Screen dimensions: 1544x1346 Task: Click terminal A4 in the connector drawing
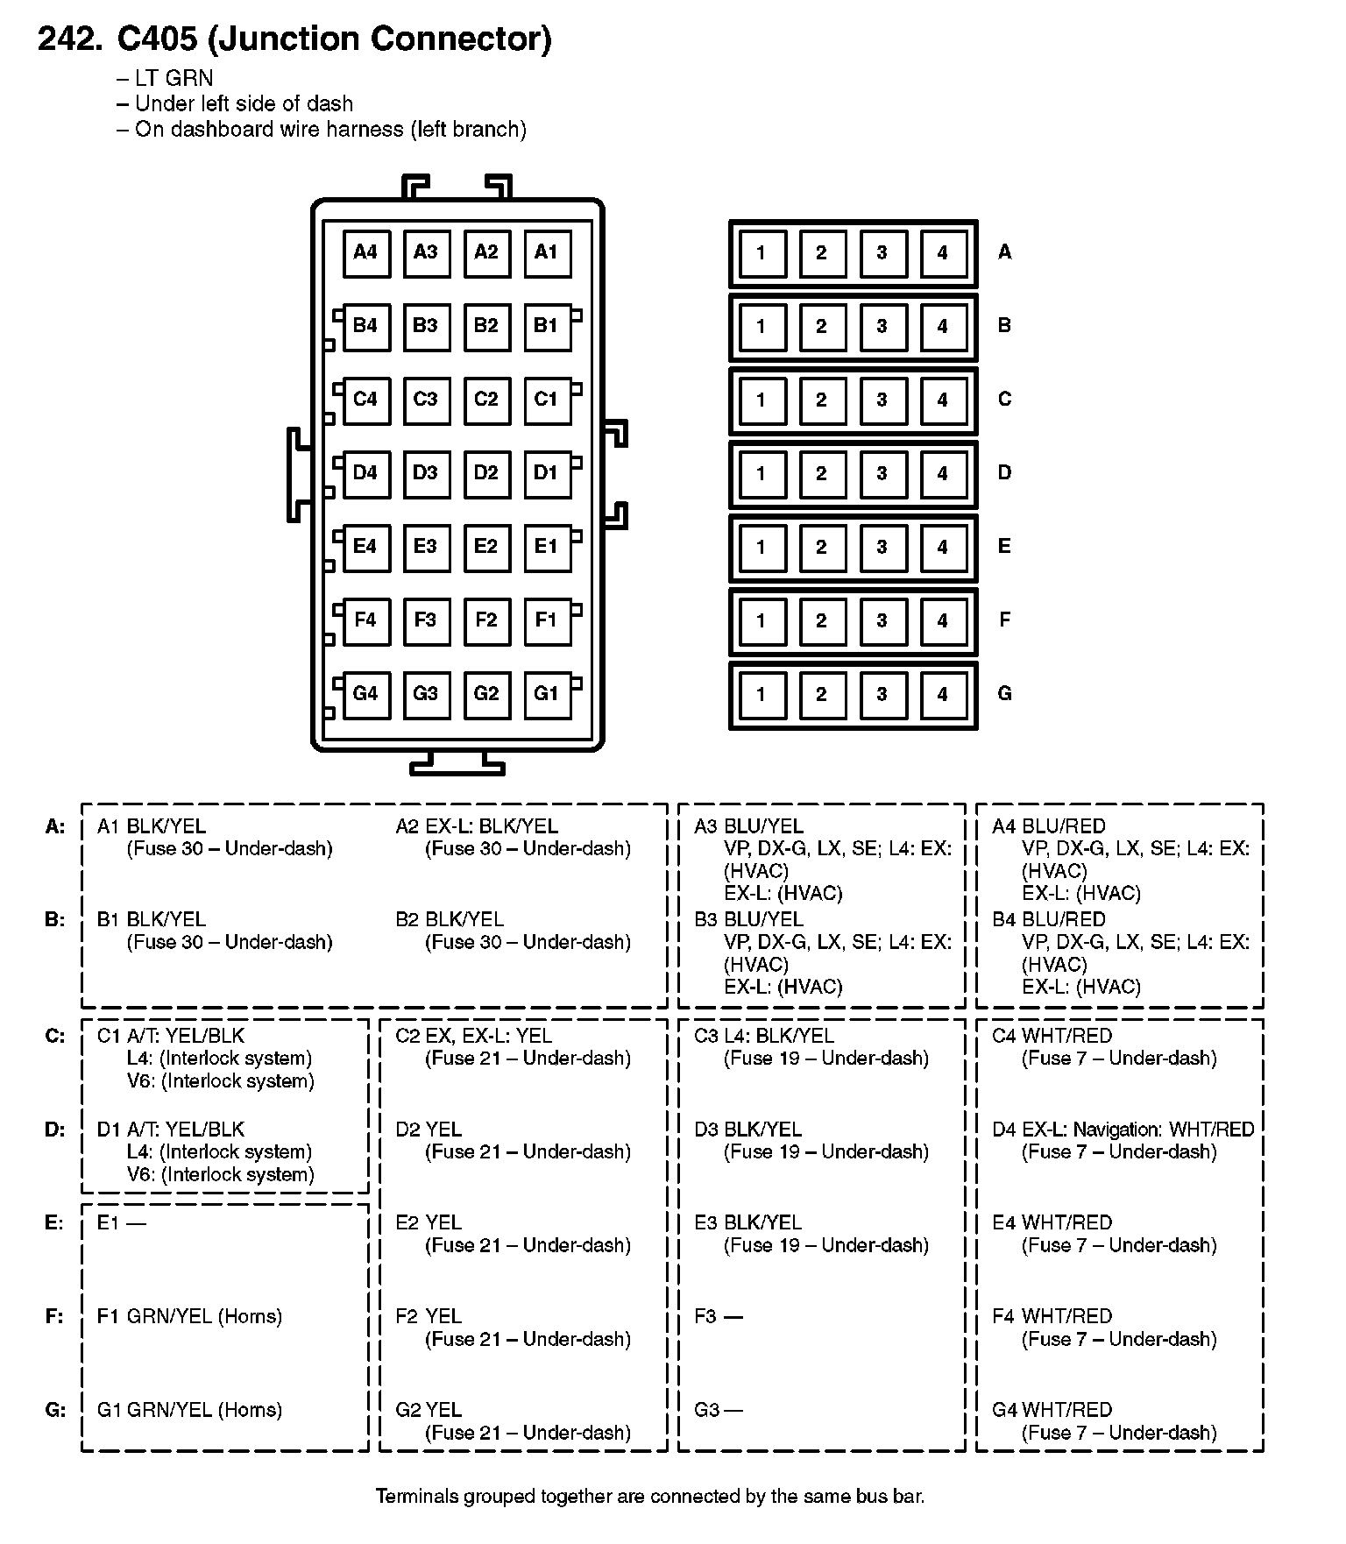coord(365,252)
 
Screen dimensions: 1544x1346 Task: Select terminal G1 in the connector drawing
coord(547,694)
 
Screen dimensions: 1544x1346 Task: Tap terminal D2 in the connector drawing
coord(486,473)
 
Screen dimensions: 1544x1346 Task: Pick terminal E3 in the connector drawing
coord(426,547)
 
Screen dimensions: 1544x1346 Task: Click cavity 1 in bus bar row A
coord(762,253)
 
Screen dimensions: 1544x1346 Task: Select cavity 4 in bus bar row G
coord(943,695)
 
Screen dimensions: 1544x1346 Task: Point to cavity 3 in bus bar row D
coord(882,474)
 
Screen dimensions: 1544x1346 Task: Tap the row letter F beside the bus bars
coord(1004,620)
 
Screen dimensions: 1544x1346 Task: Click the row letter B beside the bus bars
coord(1004,326)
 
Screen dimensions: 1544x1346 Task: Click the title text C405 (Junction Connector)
coord(334,39)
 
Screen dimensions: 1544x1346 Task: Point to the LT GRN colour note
coord(174,79)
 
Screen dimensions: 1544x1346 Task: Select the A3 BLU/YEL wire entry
coord(748,826)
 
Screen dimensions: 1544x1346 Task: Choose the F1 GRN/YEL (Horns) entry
coord(189,1316)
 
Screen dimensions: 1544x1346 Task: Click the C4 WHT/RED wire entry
coord(1052,1036)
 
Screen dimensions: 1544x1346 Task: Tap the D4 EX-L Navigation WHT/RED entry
coord(1123,1130)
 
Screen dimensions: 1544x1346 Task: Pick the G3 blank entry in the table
coord(718,1410)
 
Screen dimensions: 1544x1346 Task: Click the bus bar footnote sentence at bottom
coord(649,1496)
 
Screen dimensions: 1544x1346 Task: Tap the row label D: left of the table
coord(54,1130)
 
